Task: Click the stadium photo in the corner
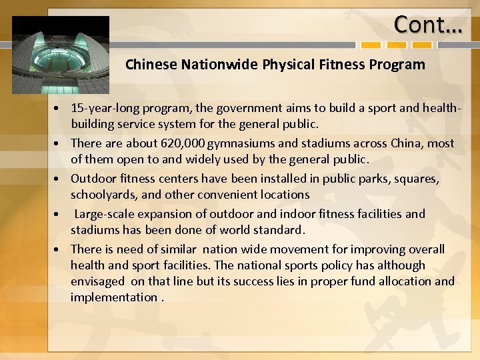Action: [x=61, y=55]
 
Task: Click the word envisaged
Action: [x=97, y=281]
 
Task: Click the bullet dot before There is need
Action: [x=59, y=250]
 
